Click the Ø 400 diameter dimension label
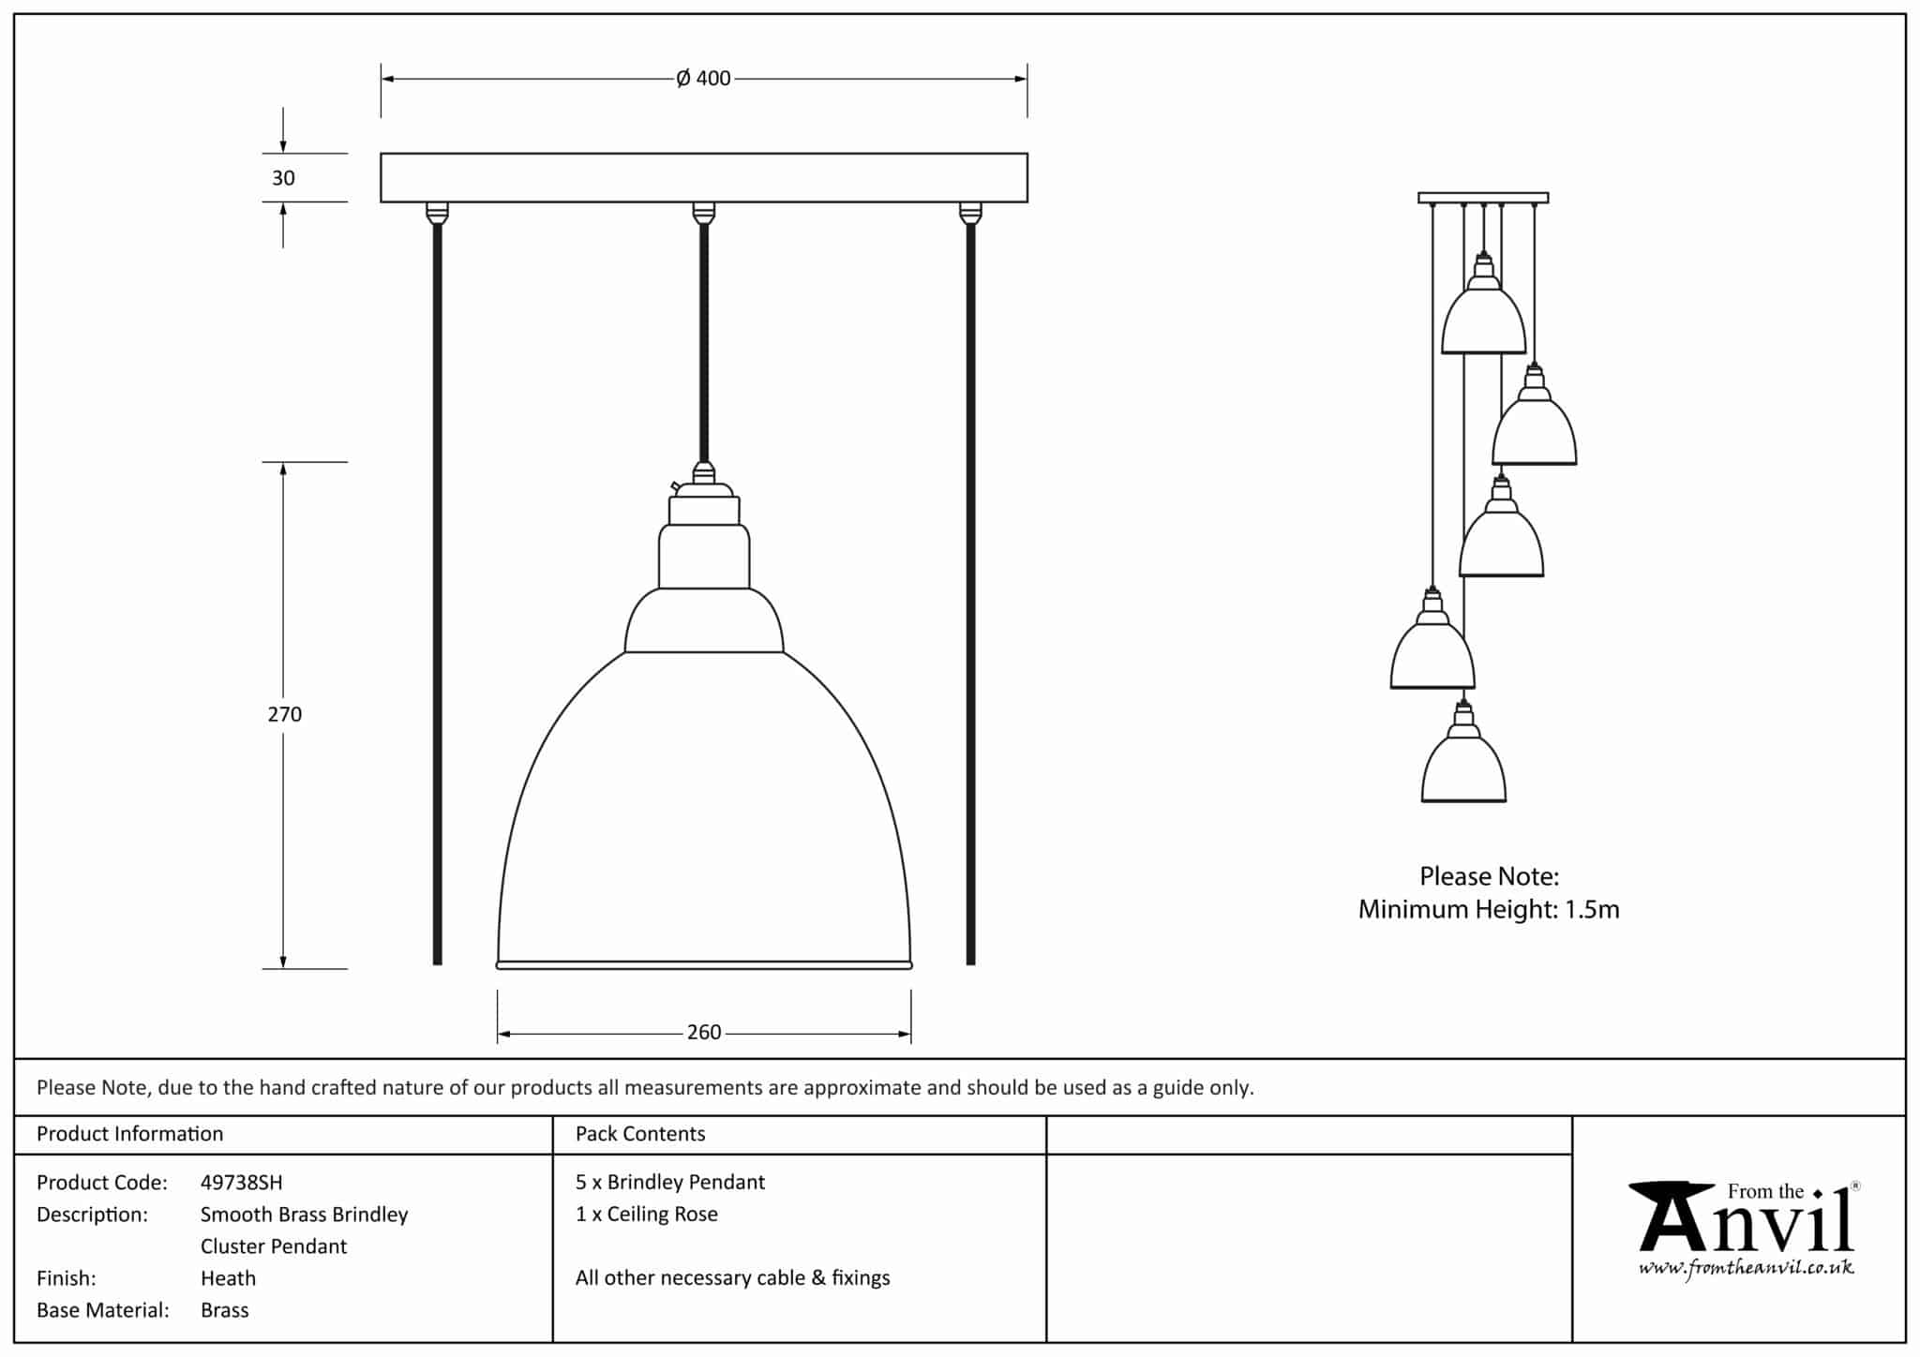pyautogui.click(x=703, y=79)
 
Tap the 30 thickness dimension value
pyautogui.click(x=283, y=178)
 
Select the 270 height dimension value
pyautogui.click(x=285, y=714)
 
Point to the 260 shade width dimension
pyautogui.click(x=704, y=1033)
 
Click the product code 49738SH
pyautogui.click(x=241, y=1183)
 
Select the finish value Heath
pyautogui.click(x=228, y=1278)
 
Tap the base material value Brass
pyautogui.click(x=225, y=1310)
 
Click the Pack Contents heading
pyautogui.click(x=640, y=1134)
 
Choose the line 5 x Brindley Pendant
pyautogui.click(x=670, y=1183)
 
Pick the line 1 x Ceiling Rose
pyautogui.click(x=647, y=1215)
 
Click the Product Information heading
pyautogui.click(x=129, y=1134)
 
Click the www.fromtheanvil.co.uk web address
pyautogui.click(x=1746, y=1268)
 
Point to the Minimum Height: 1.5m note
pyautogui.click(x=1489, y=909)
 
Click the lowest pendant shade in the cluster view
pyautogui.click(x=1463, y=770)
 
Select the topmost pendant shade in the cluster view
pyautogui.click(x=1483, y=321)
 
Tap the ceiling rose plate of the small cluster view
pyautogui.click(x=1483, y=198)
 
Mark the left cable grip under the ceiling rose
pyautogui.click(x=437, y=213)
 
